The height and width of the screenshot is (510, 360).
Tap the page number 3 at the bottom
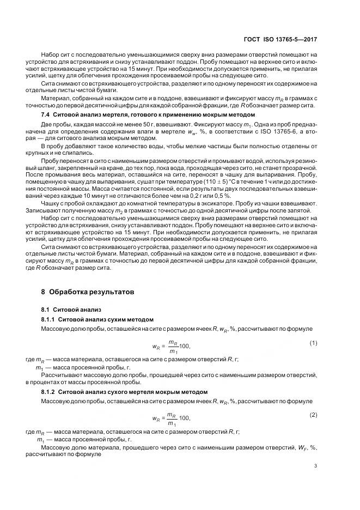tap(315, 466)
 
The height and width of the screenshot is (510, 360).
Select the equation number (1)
tap(313, 343)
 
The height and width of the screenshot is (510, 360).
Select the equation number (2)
tap(313, 415)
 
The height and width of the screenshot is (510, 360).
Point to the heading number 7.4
tap(47, 116)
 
